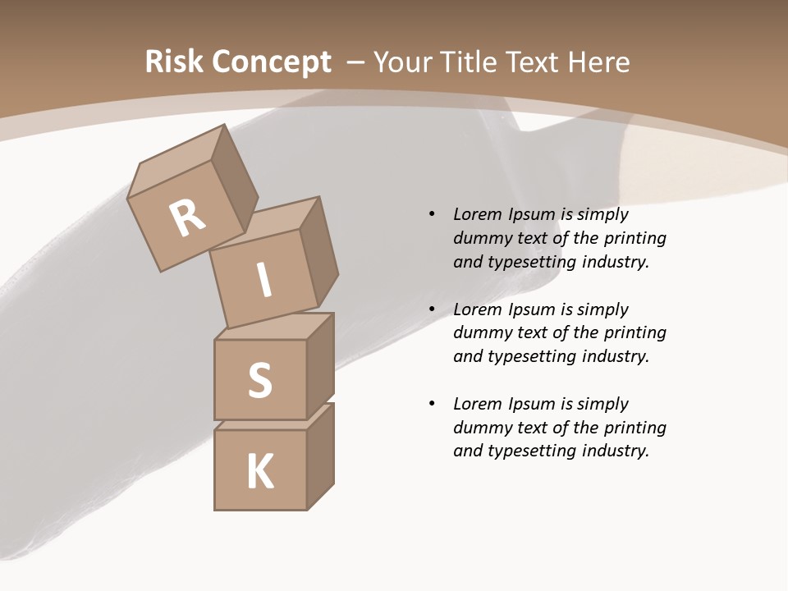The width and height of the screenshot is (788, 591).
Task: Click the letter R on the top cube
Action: pyautogui.click(x=188, y=218)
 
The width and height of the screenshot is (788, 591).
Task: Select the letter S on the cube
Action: pyautogui.click(x=259, y=380)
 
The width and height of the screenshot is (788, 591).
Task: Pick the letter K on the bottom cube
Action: pyautogui.click(x=260, y=471)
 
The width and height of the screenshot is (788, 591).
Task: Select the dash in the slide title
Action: pyautogui.click(x=355, y=62)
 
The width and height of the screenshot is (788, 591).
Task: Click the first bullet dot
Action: pyautogui.click(x=432, y=214)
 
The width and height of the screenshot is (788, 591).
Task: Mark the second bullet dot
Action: pyautogui.click(x=432, y=309)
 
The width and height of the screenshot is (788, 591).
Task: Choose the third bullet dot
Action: pyautogui.click(x=432, y=404)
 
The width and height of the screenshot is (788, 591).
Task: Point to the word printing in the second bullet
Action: pyautogui.click(x=635, y=332)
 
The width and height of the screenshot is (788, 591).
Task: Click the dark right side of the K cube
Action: pyautogui.click(x=320, y=458)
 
